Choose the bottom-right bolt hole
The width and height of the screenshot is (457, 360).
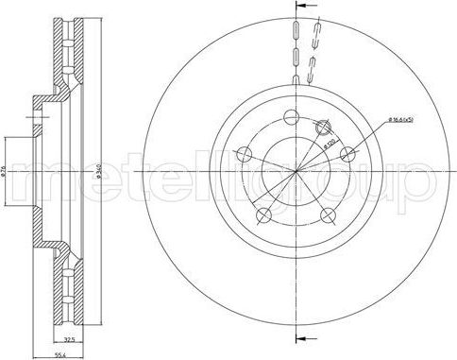pyautogui.click(x=329, y=215)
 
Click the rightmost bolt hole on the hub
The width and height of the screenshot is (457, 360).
pyautogui.click(x=348, y=154)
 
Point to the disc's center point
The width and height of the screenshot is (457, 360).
pyautogui.click(x=298, y=171)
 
